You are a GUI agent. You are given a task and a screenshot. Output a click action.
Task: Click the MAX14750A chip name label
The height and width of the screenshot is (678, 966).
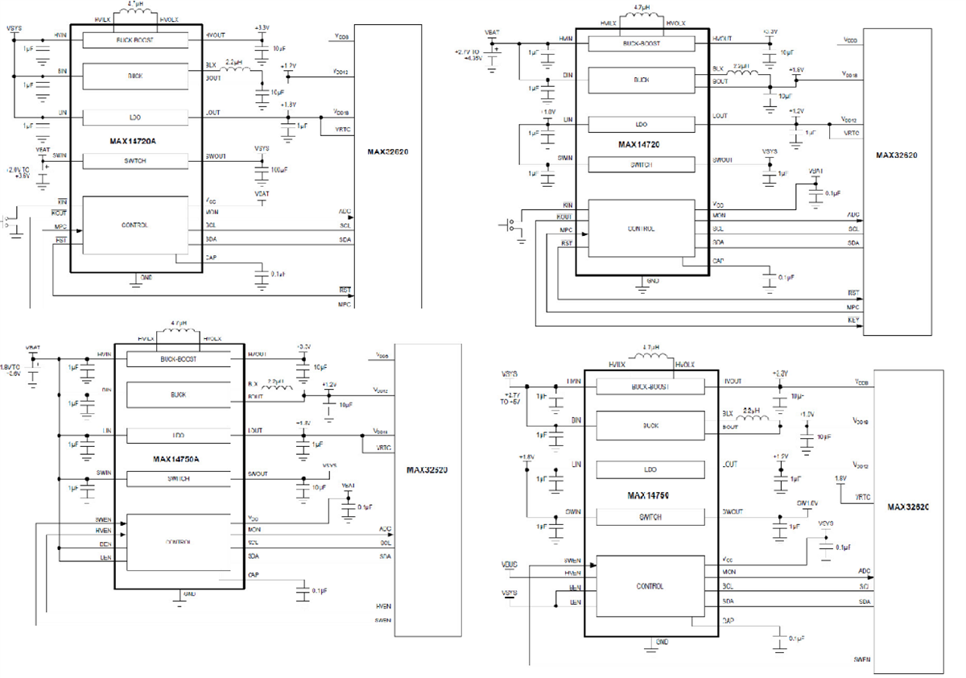[176, 459]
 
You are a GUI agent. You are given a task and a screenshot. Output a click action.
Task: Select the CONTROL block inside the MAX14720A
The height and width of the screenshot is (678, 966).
[135, 225]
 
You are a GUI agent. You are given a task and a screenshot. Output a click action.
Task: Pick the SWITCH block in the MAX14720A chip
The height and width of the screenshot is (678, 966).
[135, 160]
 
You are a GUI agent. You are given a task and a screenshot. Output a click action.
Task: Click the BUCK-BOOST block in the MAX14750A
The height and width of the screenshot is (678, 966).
[178, 359]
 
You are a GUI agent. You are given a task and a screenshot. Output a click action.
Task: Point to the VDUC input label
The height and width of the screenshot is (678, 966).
[509, 563]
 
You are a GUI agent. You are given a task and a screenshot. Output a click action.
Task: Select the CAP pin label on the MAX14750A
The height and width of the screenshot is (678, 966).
[254, 574]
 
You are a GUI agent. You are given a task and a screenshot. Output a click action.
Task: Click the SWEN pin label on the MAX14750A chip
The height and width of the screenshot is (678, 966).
[104, 520]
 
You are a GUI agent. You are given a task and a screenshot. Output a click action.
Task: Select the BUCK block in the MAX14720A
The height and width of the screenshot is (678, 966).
[135, 76]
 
